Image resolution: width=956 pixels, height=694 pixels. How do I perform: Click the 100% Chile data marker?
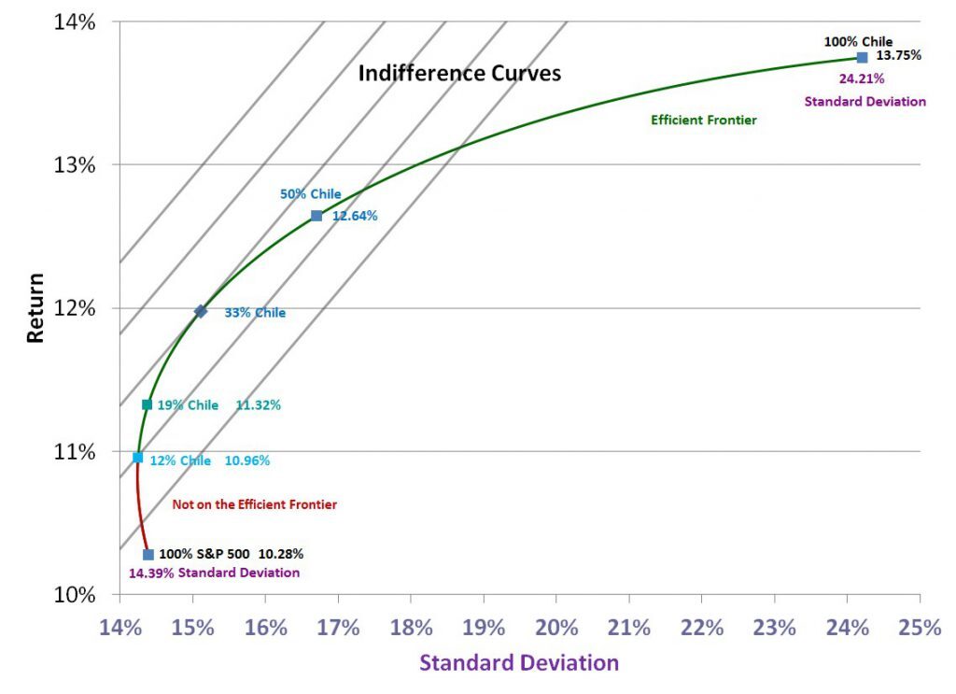pyautogui.click(x=863, y=57)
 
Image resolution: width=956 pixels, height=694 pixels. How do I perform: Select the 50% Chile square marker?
pyautogui.click(x=316, y=216)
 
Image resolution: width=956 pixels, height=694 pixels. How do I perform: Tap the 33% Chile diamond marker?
pyautogui.click(x=201, y=311)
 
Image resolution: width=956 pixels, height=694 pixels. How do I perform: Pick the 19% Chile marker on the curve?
pyautogui.click(x=147, y=404)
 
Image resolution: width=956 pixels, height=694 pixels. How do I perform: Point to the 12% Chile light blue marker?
pyautogui.click(x=138, y=458)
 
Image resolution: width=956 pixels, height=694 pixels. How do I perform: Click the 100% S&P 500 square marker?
pyautogui.click(x=148, y=554)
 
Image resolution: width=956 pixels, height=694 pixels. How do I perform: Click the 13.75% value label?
pyautogui.click(x=898, y=55)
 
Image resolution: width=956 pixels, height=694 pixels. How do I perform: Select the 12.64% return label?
pyautogui.click(x=355, y=216)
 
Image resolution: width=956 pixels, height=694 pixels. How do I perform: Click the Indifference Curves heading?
pyautogui.click(x=459, y=73)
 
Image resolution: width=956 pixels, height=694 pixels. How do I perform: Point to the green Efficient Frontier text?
pyautogui.click(x=703, y=120)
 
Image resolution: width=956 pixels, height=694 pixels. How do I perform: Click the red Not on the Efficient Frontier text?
pyautogui.click(x=254, y=504)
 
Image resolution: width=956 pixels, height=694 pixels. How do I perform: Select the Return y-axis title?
pyautogui.click(x=35, y=307)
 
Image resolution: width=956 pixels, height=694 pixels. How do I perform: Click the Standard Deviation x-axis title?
pyautogui.click(x=518, y=663)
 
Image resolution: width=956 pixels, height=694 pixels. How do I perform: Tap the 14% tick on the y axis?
pyautogui.click(x=73, y=21)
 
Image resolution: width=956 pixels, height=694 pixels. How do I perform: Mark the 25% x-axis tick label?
pyautogui.click(x=920, y=628)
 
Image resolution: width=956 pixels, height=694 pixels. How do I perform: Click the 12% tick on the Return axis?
pyautogui.click(x=73, y=308)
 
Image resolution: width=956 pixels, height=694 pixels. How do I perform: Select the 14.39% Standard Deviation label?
pyautogui.click(x=214, y=573)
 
